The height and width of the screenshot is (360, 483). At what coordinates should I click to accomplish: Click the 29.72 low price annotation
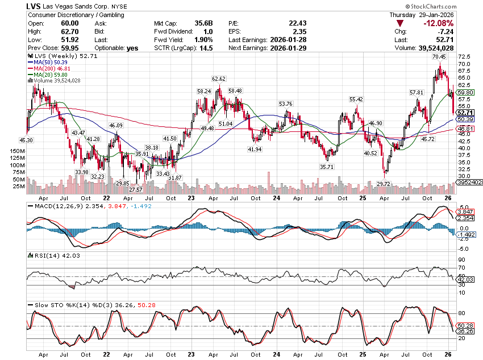(x=384, y=184)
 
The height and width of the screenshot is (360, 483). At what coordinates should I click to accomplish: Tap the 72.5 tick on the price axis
(x=464, y=57)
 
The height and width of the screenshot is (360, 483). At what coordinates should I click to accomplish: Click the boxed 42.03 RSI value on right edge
(x=466, y=279)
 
